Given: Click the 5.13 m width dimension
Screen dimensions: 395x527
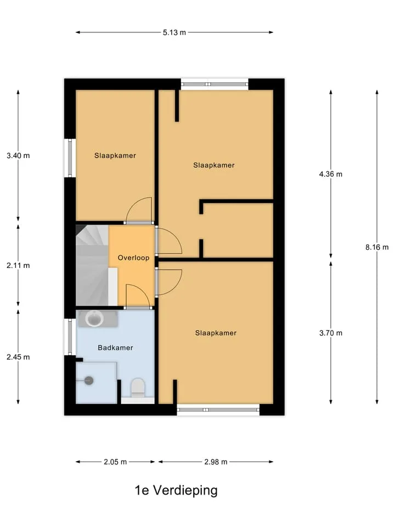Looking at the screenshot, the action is click(174, 32).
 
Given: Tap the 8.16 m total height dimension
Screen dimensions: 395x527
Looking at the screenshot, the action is click(377, 248).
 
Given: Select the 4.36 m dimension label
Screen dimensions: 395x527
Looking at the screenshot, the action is click(331, 174).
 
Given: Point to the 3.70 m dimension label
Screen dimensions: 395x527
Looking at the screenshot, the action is click(331, 333).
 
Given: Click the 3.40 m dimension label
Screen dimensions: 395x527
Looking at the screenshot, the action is click(18, 155).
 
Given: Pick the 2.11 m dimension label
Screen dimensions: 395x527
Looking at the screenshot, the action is click(18, 266).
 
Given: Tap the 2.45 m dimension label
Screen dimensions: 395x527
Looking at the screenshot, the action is click(18, 357).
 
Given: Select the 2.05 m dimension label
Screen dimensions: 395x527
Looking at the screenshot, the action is click(115, 462).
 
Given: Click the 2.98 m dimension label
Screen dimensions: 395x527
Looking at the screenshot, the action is click(216, 462).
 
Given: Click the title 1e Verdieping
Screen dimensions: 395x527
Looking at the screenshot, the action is click(176, 490).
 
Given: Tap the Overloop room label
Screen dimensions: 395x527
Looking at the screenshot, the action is click(133, 258).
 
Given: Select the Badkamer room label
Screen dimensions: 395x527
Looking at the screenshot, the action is click(115, 347).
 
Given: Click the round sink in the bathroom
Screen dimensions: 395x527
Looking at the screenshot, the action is click(94, 318).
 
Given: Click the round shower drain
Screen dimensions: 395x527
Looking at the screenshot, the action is click(89, 380).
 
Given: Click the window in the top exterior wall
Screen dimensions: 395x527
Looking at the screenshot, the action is click(215, 84).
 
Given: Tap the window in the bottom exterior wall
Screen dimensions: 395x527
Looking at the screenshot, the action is click(218, 410).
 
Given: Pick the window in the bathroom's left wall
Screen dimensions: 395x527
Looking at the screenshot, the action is click(70, 337).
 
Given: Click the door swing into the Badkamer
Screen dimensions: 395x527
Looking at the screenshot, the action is click(138, 296).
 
